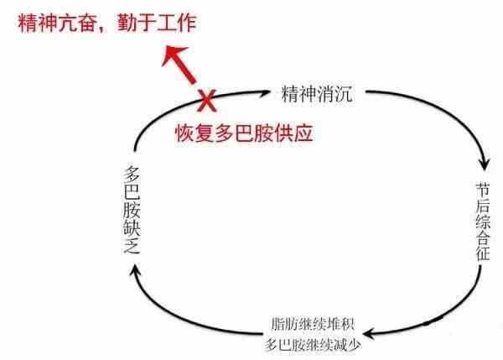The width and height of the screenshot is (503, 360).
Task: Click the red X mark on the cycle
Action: point(207,101)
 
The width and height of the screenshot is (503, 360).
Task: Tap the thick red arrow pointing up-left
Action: point(179,65)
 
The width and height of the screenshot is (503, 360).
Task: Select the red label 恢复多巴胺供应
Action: point(244,133)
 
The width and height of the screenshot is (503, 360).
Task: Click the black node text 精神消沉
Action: point(317,93)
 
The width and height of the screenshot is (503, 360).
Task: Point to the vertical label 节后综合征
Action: point(483,222)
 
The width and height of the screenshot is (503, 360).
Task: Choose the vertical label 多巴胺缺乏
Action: point(132,210)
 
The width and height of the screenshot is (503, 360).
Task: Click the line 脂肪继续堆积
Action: point(313,324)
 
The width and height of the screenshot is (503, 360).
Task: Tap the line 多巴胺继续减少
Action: point(313,345)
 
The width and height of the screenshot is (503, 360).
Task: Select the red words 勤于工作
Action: point(157,23)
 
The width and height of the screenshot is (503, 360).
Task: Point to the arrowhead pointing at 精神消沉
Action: point(265,93)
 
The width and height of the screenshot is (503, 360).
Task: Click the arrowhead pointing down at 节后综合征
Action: point(485,164)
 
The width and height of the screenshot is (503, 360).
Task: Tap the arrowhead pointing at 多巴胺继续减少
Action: point(369,334)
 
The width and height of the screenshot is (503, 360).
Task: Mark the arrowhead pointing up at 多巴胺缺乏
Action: point(135,269)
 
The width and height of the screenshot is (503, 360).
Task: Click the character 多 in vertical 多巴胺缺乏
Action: point(132,174)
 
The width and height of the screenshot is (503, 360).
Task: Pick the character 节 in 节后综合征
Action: point(483,190)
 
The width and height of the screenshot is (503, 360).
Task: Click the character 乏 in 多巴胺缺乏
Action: point(132,247)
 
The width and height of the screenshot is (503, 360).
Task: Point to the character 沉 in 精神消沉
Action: point(344,93)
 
